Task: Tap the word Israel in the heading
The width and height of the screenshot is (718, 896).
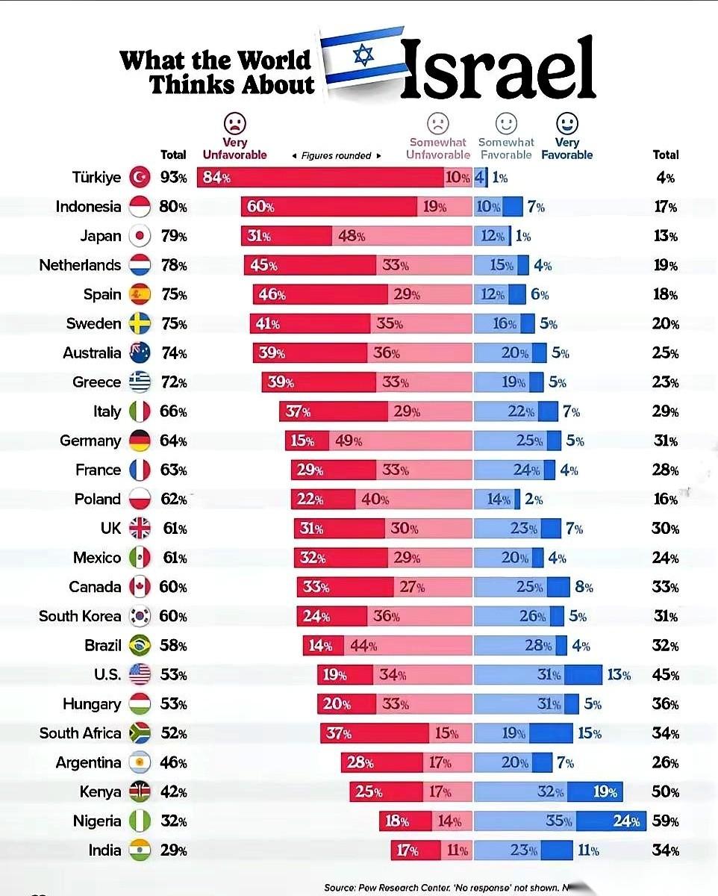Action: coord(498,69)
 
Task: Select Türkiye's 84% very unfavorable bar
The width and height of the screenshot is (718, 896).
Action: coord(320,178)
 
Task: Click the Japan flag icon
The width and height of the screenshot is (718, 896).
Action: coord(140,236)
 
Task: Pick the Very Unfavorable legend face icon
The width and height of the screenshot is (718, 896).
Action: coord(234,123)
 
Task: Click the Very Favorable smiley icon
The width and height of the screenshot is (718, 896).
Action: coord(567,123)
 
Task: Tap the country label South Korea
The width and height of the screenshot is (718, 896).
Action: coord(80,616)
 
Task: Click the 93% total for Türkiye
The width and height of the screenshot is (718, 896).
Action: coord(173,178)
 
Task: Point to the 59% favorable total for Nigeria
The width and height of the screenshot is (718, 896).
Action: coord(665,821)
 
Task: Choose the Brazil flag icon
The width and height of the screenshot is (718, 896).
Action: coord(140,645)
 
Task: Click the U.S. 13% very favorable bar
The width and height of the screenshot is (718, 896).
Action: coord(583,675)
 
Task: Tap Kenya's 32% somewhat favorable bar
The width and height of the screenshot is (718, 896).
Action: coord(520,791)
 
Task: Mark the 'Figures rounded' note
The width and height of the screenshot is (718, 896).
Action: coord(336,155)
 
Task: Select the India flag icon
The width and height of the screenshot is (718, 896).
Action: coord(140,850)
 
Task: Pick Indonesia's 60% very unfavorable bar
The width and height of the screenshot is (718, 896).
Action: coord(328,207)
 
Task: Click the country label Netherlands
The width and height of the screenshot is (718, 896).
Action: coord(80,265)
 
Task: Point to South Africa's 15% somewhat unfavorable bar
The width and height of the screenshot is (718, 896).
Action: coord(451,733)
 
